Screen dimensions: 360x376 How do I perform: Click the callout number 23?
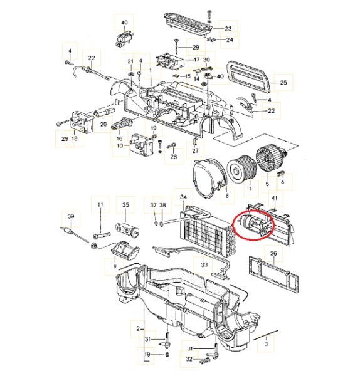tap(228, 29)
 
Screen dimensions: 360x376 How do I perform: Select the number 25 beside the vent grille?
tap(283, 83)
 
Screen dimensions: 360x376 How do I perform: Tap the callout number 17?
tap(196, 60)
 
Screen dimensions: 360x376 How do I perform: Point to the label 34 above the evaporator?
tap(183, 197)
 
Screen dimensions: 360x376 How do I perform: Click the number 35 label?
tap(125, 205)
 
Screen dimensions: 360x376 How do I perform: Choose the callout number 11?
tap(100, 205)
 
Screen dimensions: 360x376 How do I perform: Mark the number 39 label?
tap(71, 216)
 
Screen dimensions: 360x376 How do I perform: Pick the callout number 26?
tap(273, 253)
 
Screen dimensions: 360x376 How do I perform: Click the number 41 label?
tap(275, 198)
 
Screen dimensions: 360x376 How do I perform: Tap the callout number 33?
tap(204, 264)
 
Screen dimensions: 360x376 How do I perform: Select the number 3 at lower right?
tap(266, 344)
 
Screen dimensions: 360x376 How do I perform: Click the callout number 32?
tap(189, 359)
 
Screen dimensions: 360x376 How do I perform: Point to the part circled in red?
tap(255, 224)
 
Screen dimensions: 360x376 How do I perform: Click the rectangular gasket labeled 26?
tap(274, 274)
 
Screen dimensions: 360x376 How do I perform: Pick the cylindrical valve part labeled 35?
tap(127, 228)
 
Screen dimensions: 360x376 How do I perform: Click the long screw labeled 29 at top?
tap(177, 46)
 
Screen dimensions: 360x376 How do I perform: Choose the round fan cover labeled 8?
tap(209, 178)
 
